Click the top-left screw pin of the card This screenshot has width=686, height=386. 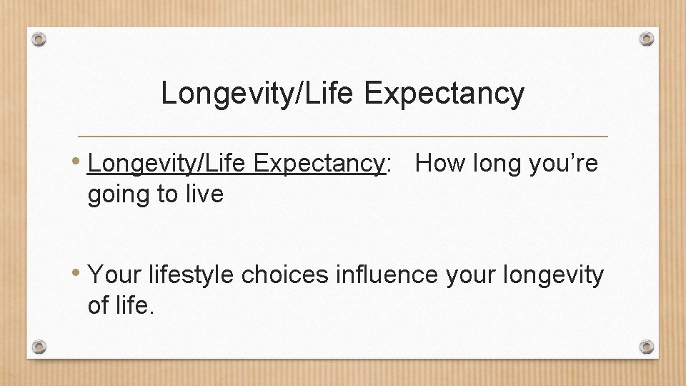[40, 39]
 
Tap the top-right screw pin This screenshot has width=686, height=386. [646, 38]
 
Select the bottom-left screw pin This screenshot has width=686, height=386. [40, 347]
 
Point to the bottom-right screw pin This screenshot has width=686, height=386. [646, 347]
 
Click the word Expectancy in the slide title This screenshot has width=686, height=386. [444, 94]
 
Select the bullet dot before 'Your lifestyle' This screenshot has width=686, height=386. [79, 273]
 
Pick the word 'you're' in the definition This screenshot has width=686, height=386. [562, 164]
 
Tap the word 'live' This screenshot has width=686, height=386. [206, 193]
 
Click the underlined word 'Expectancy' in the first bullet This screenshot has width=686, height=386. [318, 164]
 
